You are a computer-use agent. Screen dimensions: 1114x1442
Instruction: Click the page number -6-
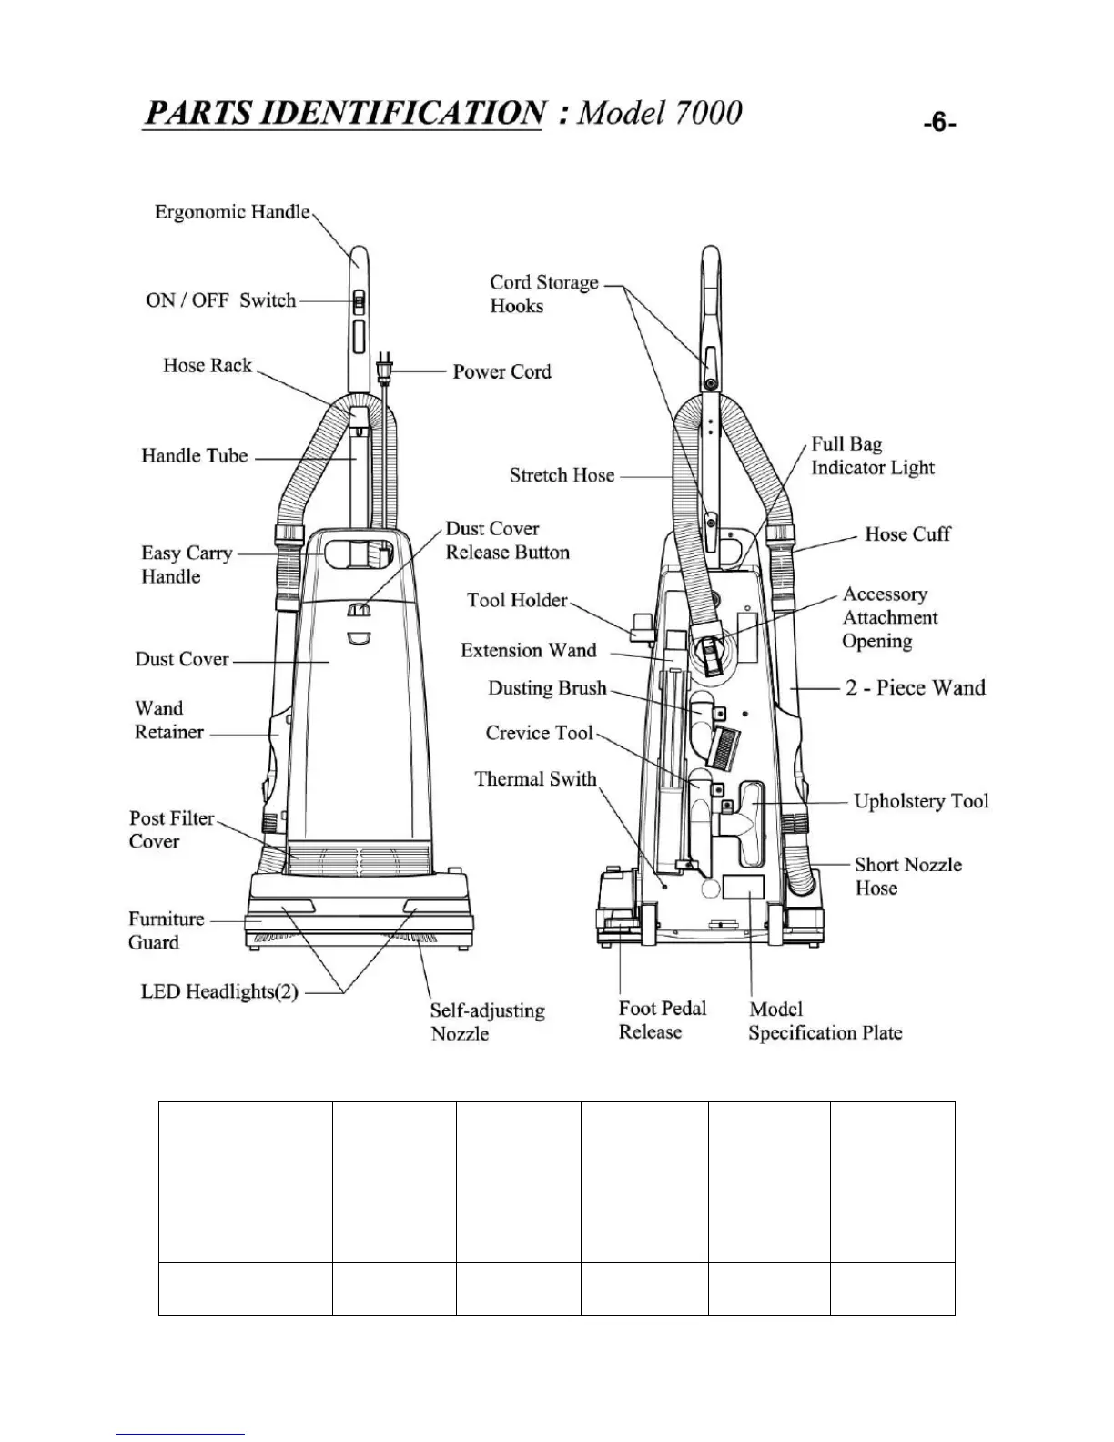(x=938, y=123)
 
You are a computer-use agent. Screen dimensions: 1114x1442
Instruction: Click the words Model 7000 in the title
(x=661, y=112)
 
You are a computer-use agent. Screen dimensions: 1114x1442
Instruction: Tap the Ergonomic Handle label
(x=232, y=212)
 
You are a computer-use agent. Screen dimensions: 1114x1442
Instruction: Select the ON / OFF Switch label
(x=221, y=300)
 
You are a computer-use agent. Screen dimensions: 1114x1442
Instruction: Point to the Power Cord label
(x=501, y=371)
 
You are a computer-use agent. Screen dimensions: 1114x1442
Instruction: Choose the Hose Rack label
(x=207, y=365)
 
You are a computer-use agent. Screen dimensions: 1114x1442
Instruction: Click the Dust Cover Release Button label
(x=507, y=540)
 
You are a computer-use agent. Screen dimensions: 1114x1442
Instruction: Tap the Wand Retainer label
(x=168, y=720)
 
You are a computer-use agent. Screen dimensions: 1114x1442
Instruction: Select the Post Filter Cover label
(x=171, y=829)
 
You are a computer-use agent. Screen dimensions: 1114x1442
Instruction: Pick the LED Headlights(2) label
(x=219, y=991)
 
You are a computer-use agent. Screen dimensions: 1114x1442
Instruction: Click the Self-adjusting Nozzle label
(x=487, y=1021)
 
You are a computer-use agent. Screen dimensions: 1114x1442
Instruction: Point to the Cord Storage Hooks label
(x=543, y=294)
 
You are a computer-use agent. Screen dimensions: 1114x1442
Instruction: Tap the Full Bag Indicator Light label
(x=872, y=455)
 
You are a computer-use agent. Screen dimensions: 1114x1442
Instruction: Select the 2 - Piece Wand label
(x=915, y=687)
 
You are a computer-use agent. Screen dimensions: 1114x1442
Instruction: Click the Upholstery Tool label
(x=920, y=801)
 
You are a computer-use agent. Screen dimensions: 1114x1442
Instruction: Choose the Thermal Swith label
(x=535, y=778)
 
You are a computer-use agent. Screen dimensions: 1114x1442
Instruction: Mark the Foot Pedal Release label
(x=662, y=1020)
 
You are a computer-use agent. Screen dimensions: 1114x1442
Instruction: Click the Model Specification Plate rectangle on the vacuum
(x=744, y=889)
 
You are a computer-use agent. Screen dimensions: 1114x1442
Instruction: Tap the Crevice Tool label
(x=539, y=733)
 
